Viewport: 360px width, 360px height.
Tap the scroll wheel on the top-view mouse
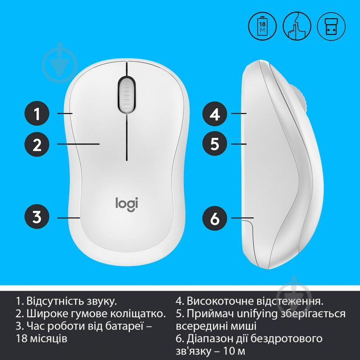[127, 93]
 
